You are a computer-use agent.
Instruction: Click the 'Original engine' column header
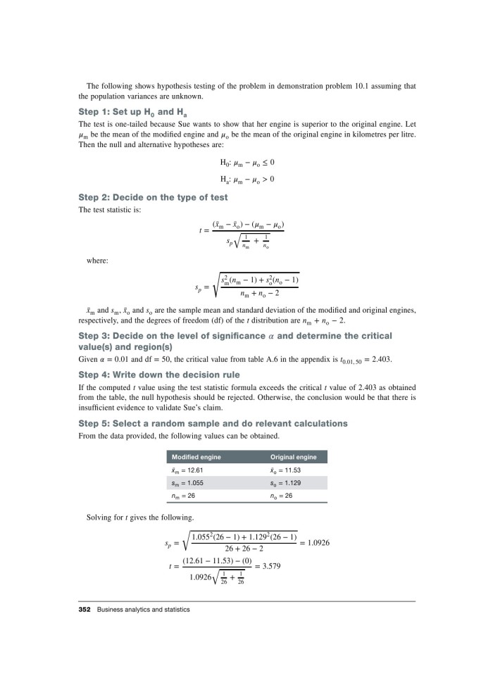(294, 457)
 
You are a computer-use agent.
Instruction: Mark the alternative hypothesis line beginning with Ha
(246, 179)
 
